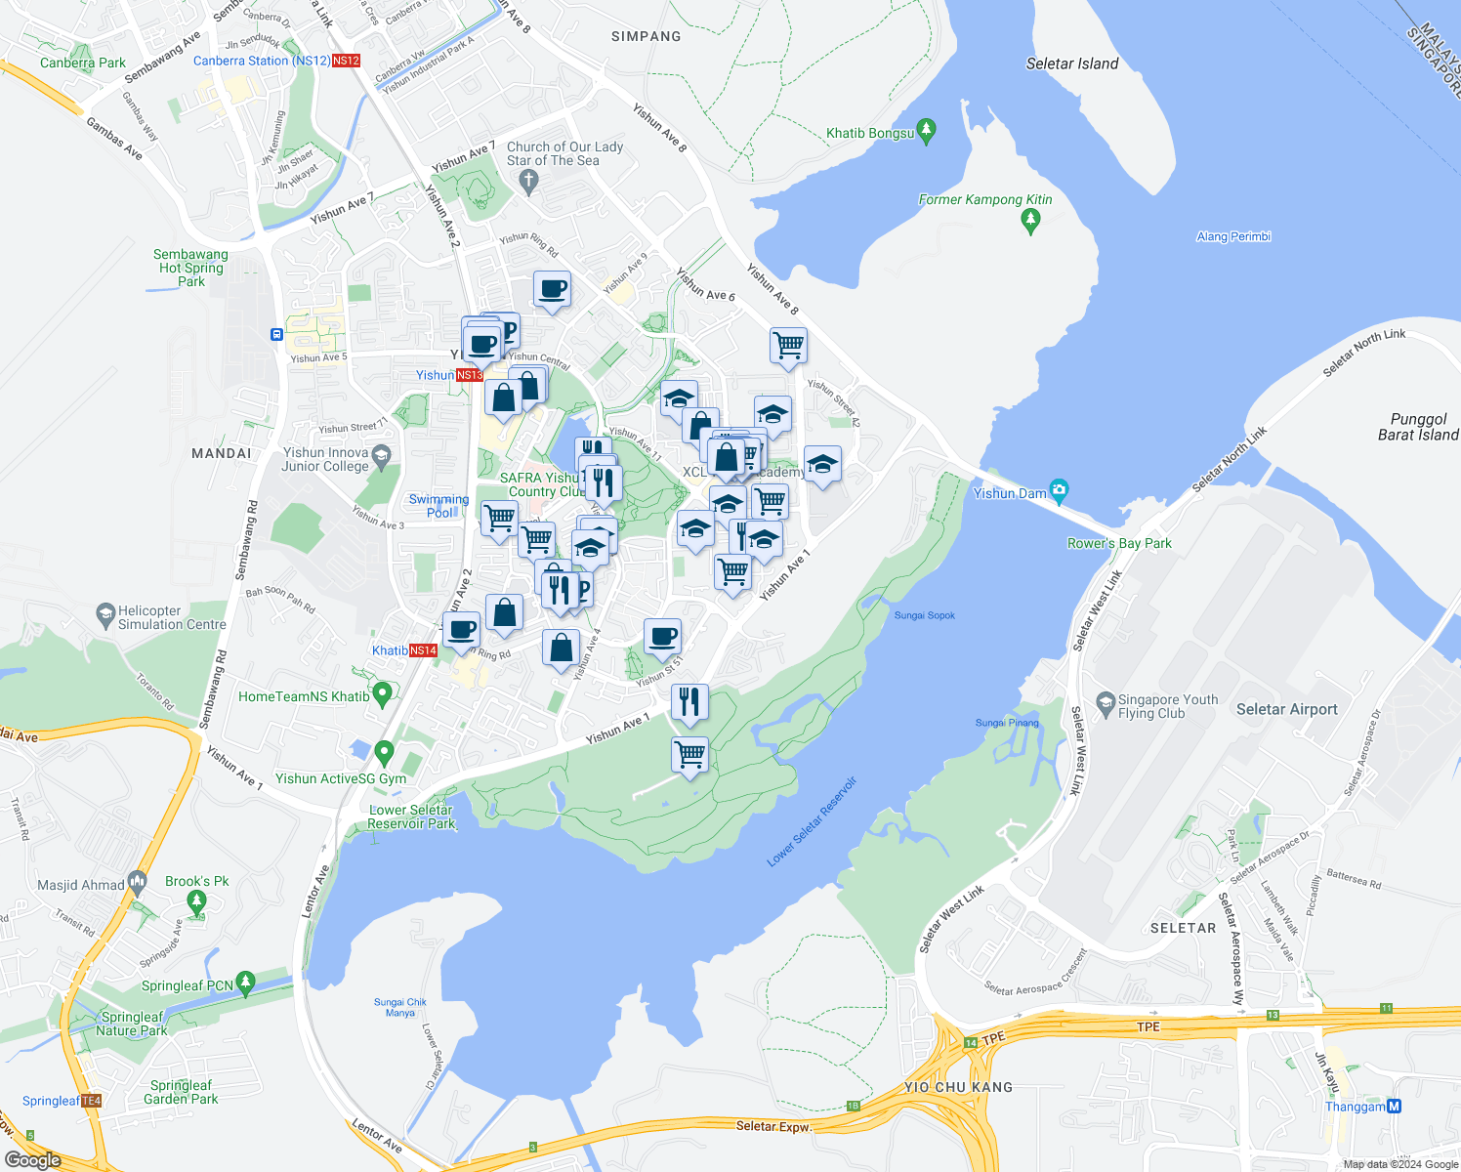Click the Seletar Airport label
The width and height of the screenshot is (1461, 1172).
click(x=1286, y=709)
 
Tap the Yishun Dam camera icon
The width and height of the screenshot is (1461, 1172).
click(x=1060, y=489)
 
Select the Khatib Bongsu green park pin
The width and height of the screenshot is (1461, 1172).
click(x=927, y=129)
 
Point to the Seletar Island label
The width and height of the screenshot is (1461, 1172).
click(x=1071, y=63)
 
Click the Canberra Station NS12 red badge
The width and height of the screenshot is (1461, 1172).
click(x=346, y=61)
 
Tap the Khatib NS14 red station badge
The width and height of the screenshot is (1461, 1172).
click(x=423, y=650)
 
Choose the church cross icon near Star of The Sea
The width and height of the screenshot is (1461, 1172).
click(x=528, y=180)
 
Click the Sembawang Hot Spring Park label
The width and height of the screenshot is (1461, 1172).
click(x=190, y=268)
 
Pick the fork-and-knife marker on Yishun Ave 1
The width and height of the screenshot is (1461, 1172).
click(x=689, y=701)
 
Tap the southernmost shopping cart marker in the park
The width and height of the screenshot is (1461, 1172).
click(x=690, y=755)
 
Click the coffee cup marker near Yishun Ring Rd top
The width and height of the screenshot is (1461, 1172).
click(x=552, y=290)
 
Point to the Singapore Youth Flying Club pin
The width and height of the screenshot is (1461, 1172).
click(x=1106, y=702)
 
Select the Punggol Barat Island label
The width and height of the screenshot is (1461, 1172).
click(x=1417, y=427)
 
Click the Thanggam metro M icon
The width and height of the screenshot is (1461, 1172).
click(x=1395, y=1106)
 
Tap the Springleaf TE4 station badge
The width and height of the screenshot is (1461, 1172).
click(x=91, y=1101)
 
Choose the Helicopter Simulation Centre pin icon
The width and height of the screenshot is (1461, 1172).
click(x=105, y=615)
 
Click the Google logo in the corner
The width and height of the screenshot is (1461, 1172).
click(x=32, y=1159)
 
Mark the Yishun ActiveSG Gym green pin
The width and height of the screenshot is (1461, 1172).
click(x=384, y=753)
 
